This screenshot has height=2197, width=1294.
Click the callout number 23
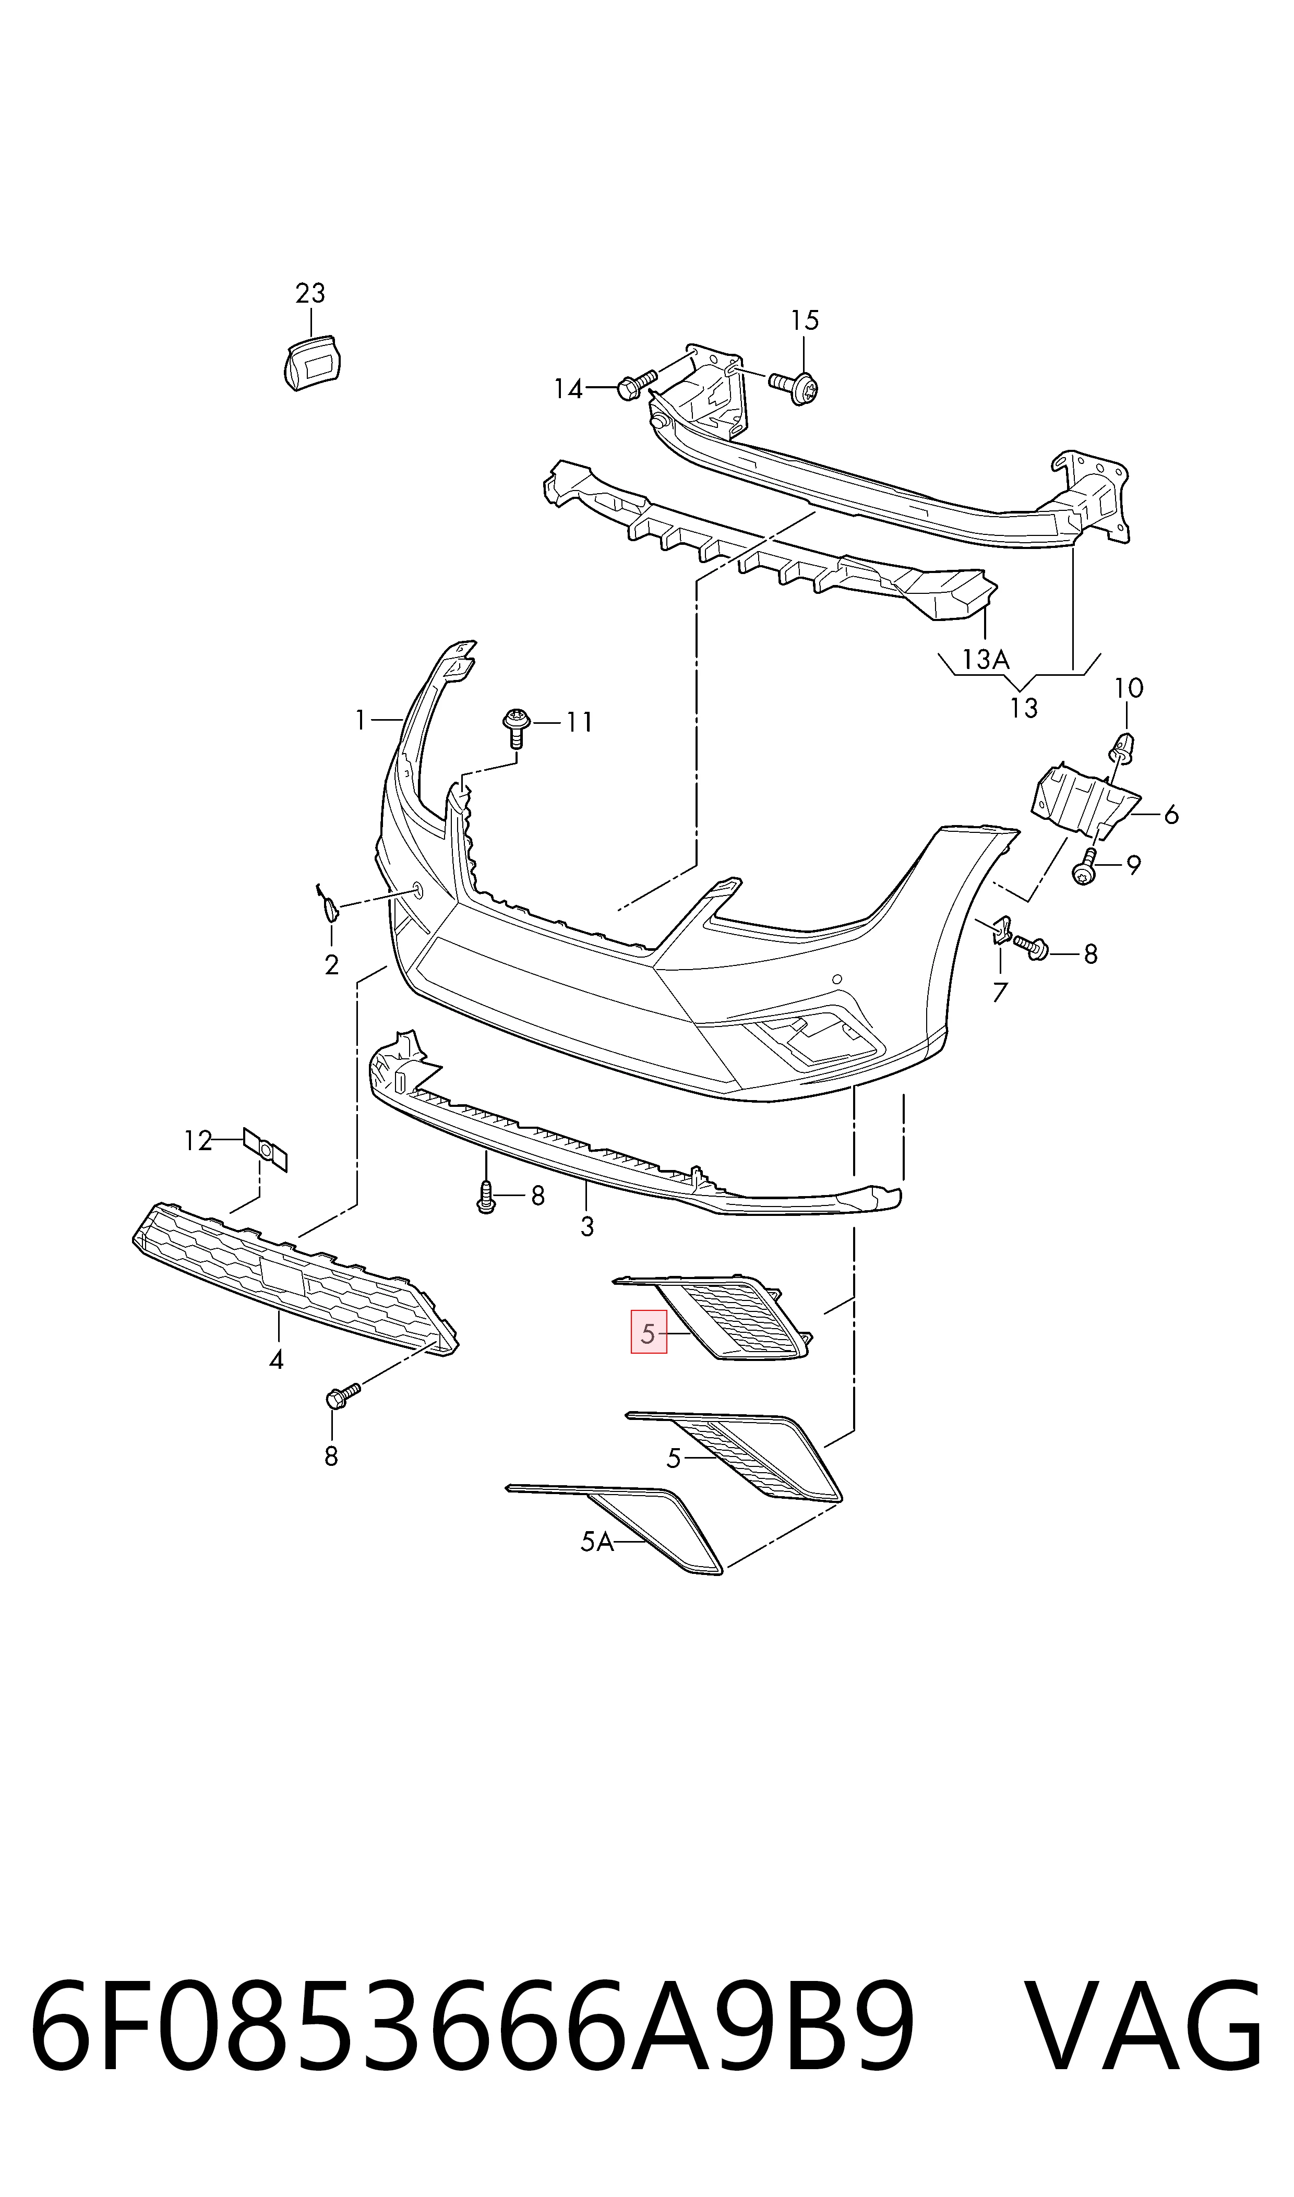pyautogui.click(x=310, y=294)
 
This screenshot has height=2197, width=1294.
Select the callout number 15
pyautogui.click(x=805, y=321)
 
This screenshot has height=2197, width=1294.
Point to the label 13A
pyautogui.click(x=985, y=660)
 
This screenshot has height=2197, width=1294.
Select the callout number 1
pyautogui.click(x=360, y=720)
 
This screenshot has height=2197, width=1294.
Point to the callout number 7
pyautogui.click(x=1000, y=992)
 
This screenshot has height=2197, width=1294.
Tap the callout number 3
pyautogui.click(x=587, y=1227)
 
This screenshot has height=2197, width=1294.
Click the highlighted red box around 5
pyautogui.click(x=649, y=1332)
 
